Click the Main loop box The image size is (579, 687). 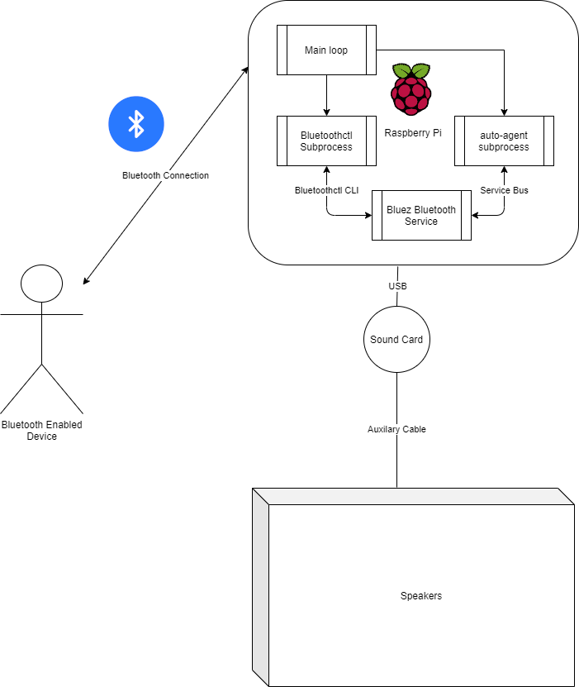pos(326,50)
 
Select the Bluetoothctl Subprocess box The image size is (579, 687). pos(326,141)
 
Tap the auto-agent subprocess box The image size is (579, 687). pos(503,141)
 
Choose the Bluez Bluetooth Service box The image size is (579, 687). pos(421,216)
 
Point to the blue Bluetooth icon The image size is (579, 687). pos(136,124)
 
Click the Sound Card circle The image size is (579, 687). pos(396,340)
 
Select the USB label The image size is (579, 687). pos(397,286)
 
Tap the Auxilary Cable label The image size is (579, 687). pos(396,429)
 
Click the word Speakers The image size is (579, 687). pos(420,596)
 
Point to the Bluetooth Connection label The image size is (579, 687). pos(165,175)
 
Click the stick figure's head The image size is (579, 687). pos(41,284)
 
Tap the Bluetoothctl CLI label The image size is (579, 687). pos(327,190)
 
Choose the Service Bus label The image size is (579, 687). pos(504,190)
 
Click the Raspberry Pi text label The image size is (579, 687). pos(413,132)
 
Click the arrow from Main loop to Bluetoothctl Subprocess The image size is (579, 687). pos(327,94)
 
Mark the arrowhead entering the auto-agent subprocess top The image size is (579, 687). pos(504,112)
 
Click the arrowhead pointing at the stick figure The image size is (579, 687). pos(87,281)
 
